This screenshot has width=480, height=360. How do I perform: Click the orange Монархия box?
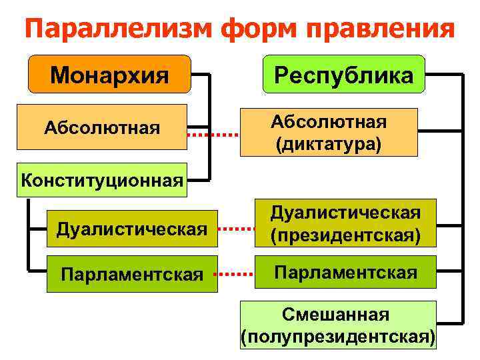[109, 74]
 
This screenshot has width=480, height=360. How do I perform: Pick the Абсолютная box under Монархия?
[102, 126]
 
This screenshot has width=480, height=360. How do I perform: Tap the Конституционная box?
[102, 179]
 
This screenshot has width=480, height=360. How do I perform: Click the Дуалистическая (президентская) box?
[345, 224]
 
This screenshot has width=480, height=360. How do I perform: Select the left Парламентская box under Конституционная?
[131, 274]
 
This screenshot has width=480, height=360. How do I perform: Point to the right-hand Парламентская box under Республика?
[345, 272]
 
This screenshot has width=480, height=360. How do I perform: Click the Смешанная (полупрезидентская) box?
[339, 325]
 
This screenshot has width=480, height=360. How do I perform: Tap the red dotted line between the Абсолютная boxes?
[212, 135]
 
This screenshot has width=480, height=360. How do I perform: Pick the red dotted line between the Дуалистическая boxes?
[237, 228]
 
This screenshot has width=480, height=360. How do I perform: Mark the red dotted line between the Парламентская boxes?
[237, 273]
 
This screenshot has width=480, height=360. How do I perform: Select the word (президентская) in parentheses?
[345, 236]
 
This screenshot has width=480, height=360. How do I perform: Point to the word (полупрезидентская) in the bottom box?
[339, 336]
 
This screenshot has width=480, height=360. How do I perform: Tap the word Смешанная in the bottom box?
[339, 313]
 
